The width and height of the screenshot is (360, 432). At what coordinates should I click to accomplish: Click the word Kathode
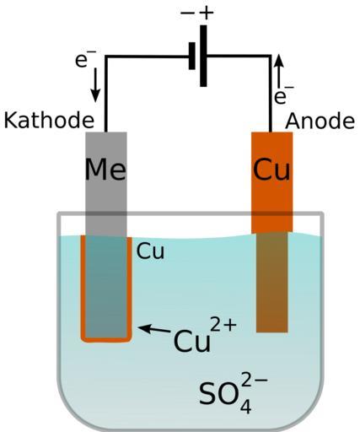pos(49,121)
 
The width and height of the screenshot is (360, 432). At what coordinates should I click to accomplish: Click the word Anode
pos(320,121)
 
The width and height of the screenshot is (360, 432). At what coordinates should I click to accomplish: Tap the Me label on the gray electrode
pos(105,170)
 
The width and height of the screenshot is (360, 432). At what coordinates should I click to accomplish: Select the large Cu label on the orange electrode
pos(271,170)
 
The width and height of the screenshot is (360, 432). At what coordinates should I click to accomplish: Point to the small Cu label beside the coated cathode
pos(150,251)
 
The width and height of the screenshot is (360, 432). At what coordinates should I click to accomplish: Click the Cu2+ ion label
pos(205,336)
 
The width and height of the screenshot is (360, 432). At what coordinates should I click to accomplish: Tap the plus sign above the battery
pos(207,13)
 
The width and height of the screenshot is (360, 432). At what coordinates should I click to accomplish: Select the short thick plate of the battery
pos(192,56)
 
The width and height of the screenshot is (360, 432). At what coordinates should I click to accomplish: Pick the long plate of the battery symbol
pos(203,56)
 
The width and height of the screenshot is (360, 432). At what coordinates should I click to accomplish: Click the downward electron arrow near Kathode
pos(95,85)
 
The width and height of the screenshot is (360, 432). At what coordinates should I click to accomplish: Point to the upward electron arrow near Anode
pos(279,71)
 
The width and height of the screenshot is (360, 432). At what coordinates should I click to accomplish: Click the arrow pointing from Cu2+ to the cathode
pos(154,329)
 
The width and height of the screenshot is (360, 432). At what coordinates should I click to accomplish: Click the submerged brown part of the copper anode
pos(272,283)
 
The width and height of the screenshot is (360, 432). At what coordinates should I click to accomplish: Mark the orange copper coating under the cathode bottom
pos(106,340)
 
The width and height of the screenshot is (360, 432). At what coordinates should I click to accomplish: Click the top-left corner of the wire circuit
pos(106,57)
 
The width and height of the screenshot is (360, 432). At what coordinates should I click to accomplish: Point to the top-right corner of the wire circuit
pos(271,57)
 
